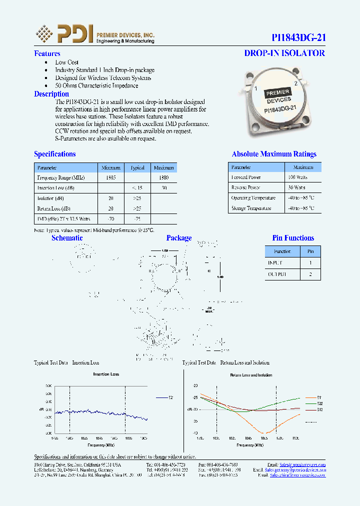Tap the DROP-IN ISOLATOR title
tap(284, 53)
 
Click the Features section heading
tap(47, 53)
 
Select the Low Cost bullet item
tap(66, 62)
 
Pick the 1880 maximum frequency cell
tap(163, 177)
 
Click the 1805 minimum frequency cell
tap(110, 177)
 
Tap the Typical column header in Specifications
tap(137, 167)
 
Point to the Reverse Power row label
tap(246, 187)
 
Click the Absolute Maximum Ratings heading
tap(274, 154)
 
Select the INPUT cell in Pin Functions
tap(275, 262)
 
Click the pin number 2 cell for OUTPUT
tap(310, 274)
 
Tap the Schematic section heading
tap(67, 238)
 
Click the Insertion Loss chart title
tap(106, 374)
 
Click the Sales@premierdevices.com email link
tap(302, 464)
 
